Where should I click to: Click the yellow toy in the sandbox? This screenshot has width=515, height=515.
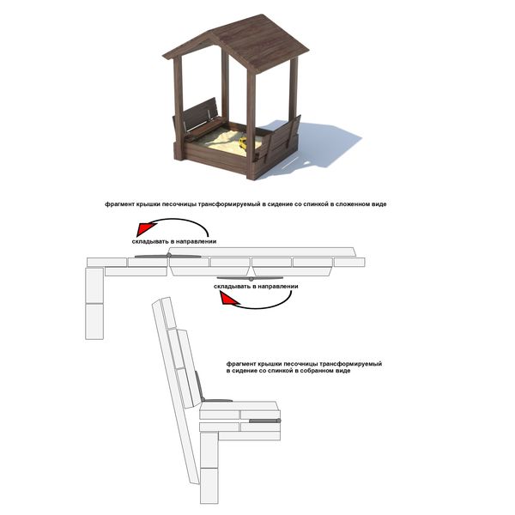243,142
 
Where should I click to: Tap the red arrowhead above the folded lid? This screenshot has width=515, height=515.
144,228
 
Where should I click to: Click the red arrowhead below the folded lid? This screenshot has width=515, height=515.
228,300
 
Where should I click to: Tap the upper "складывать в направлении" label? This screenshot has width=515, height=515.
174,241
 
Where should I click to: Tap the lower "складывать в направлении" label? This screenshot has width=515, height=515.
256,287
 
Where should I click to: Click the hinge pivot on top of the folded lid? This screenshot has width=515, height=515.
169,255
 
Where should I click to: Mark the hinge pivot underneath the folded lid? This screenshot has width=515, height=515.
251,279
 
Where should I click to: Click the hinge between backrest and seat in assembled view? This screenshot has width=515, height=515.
203,399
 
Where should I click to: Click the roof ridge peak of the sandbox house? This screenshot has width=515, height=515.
262,15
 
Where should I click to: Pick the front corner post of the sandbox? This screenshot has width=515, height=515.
251,124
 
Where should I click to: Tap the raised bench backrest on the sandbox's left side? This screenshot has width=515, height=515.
200,114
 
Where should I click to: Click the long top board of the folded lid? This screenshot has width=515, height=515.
262,251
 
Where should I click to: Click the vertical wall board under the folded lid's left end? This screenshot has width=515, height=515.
94,304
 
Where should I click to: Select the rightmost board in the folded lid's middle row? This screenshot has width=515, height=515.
349,262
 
